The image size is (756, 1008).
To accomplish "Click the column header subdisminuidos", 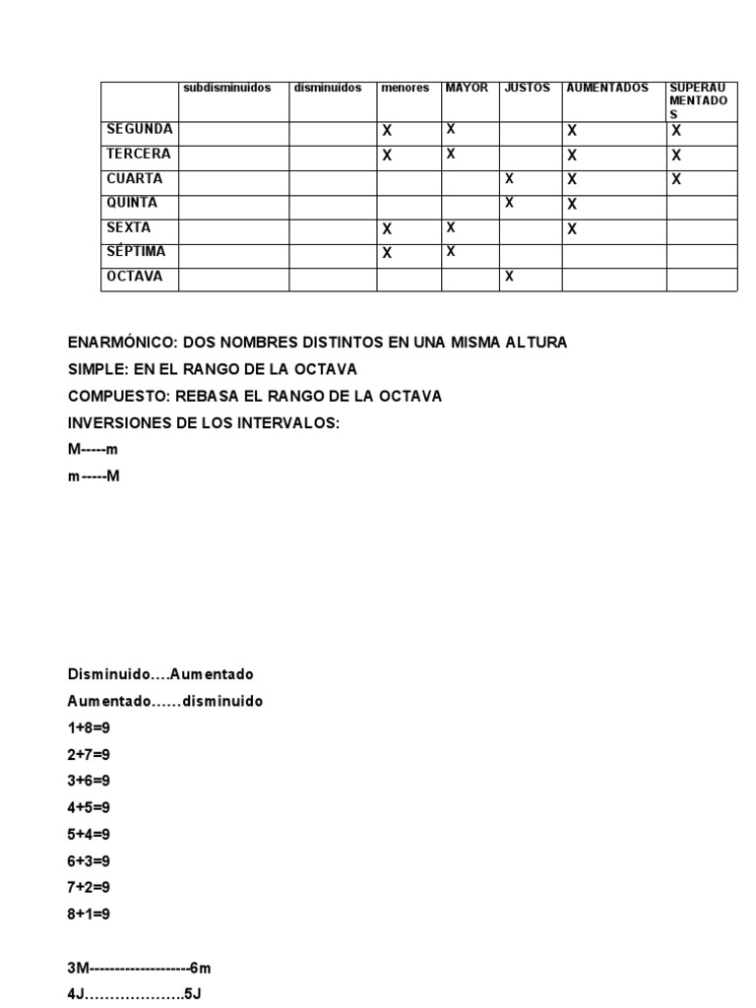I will (226, 88).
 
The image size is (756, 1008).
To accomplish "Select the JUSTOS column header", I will (527, 88).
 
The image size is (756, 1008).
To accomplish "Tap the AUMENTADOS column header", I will (607, 88).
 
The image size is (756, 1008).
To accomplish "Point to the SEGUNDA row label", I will (140, 129).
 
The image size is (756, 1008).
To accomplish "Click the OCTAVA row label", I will (135, 277).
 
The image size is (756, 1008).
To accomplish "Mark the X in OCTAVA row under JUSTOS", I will (509, 277).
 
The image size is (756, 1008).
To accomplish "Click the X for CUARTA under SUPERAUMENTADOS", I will (676, 179).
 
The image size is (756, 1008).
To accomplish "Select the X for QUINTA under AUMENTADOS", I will (572, 204).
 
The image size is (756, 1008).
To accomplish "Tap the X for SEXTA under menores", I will (387, 228).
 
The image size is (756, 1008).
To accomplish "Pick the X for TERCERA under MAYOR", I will (451, 154).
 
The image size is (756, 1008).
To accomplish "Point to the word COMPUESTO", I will (116, 396).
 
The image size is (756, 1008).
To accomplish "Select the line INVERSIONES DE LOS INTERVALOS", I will (203, 422).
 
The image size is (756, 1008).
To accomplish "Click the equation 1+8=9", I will (89, 727).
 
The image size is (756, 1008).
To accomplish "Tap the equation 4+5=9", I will (89, 807).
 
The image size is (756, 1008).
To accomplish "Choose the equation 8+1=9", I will (89, 913).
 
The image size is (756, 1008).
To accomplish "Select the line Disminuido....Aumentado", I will (160, 674).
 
